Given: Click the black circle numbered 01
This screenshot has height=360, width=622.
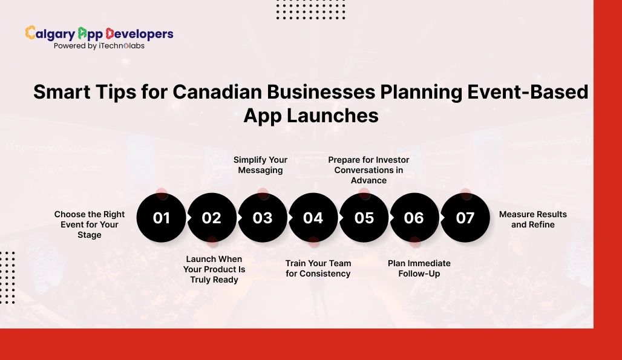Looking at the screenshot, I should click(162, 218).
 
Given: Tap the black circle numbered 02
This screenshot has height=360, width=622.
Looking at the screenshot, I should click(212, 218).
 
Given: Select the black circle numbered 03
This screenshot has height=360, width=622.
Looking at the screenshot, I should click(263, 218).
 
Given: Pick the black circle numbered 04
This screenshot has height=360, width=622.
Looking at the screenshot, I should click(313, 218).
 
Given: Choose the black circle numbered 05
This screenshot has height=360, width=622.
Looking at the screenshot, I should click(364, 218).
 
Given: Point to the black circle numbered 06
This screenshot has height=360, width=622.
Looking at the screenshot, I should click(414, 218).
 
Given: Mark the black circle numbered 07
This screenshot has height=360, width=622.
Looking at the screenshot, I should click(465, 218).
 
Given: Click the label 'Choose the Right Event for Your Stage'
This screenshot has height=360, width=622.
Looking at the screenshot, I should click(90, 224).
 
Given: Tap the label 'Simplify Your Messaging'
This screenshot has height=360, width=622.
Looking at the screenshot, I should click(260, 165).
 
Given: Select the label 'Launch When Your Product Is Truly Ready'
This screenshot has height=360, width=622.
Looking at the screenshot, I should click(214, 269).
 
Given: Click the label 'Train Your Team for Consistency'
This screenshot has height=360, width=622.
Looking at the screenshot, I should click(318, 269).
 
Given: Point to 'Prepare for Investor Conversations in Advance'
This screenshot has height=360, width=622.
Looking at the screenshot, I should click(368, 170).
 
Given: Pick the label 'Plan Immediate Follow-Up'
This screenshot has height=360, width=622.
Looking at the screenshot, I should click(419, 269).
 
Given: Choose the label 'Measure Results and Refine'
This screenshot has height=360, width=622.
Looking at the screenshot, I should click(533, 219).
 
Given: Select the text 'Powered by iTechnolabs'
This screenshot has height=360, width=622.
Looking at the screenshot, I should click(99, 45).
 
